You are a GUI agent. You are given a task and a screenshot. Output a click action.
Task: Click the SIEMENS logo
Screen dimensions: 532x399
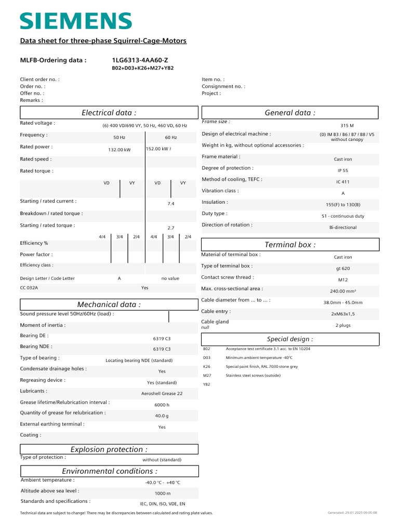pyautogui.click(x=75, y=21)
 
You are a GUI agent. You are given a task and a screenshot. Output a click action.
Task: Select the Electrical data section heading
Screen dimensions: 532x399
pyautogui.click(x=109, y=113)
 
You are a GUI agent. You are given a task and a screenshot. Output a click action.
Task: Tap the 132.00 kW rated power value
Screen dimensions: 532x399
pyautogui.click(x=119, y=150)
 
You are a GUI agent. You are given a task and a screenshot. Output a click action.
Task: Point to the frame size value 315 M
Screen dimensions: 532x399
pyautogui.click(x=347, y=126)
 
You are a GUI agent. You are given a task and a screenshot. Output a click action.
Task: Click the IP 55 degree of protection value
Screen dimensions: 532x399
pyautogui.click(x=343, y=170)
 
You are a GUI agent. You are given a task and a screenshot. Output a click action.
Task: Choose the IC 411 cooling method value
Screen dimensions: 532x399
pyautogui.click(x=343, y=182)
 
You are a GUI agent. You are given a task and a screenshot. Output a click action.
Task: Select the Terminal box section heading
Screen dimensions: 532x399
pyautogui.click(x=290, y=245)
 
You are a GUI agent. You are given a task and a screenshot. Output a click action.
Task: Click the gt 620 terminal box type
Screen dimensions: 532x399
pyautogui.click(x=343, y=269)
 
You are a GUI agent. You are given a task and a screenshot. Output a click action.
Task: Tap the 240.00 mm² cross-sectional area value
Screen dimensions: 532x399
pyautogui.click(x=343, y=291)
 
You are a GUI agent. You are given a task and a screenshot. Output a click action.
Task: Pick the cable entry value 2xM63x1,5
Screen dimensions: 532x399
pyautogui.click(x=343, y=314)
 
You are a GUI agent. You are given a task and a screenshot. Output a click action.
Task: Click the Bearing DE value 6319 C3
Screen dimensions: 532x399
pyautogui.click(x=162, y=338)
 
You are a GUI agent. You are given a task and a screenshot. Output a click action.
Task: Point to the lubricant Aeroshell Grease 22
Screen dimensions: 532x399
pyautogui.click(x=162, y=394)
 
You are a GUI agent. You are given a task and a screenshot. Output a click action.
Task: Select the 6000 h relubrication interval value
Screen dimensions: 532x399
pyautogui.click(x=162, y=405)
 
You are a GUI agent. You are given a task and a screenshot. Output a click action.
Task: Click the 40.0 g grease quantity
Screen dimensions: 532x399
pyautogui.click(x=162, y=416)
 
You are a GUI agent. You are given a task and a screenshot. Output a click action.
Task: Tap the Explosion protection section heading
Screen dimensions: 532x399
pyautogui.click(x=109, y=449)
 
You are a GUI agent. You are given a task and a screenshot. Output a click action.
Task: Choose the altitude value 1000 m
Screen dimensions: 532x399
pyautogui.click(x=162, y=493)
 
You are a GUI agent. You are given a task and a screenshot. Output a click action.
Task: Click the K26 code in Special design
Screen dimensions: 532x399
pyautogui.click(x=207, y=366)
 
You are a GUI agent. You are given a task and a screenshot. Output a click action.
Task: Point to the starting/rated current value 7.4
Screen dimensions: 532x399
pyautogui.click(x=171, y=204)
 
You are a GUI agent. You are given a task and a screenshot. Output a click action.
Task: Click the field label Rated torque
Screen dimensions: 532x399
pyautogui.click(x=36, y=171)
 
